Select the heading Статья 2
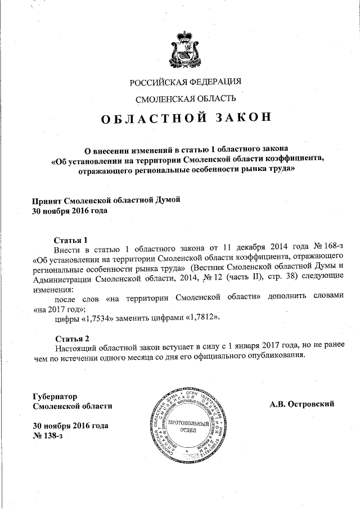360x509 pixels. tap(71, 339)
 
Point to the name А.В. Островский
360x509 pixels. tap(302, 403)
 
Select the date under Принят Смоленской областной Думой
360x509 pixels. tap(69, 211)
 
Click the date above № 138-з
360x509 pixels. tap(70, 426)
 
